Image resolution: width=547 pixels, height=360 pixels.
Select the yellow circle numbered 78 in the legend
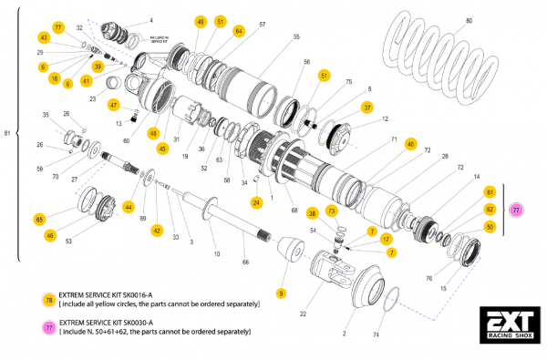click(x=48, y=300)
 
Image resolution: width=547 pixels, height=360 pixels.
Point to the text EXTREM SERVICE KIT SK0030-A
click(x=113, y=322)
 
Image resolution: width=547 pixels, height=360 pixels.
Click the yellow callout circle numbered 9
click(x=282, y=293)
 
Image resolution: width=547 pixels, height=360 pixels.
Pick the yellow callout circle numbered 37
click(x=367, y=107)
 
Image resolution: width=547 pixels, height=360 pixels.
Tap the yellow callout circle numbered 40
click(x=411, y=145)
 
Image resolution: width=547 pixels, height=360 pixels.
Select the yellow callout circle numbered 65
click(x=39, y=220)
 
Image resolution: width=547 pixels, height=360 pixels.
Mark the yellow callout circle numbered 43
click(x=43, y=37)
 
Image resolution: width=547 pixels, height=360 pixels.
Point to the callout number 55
click(x=296, y=37)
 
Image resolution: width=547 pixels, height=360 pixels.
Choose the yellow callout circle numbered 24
click(x=257, y=201)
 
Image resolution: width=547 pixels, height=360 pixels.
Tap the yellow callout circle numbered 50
click(x=490, y=226)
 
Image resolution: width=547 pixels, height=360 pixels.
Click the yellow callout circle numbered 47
click(x=114, y=104)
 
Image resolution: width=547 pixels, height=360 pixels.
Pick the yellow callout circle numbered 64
click(x=239, y=31)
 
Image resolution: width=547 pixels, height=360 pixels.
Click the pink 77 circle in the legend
click(x=48, y=327)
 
